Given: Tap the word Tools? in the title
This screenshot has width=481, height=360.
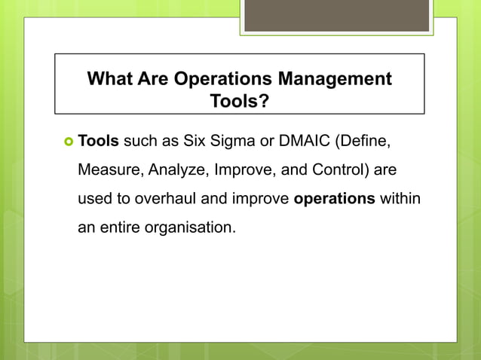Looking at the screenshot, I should point(239,101).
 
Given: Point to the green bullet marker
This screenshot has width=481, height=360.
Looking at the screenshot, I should point(66,141).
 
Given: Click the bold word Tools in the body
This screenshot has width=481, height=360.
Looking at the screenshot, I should point(99,140).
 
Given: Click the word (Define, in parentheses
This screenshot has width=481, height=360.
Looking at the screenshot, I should point(359,140).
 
